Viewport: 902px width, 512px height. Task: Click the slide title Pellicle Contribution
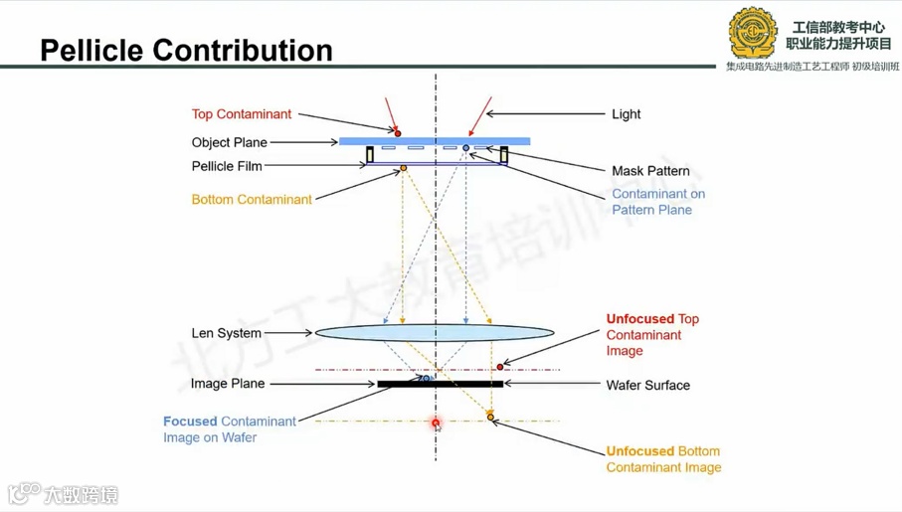pos(186,50)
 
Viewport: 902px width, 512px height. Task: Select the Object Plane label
pos(230,142)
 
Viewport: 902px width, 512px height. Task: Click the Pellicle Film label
pos(227,166)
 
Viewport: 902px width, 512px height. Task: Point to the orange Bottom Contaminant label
pos(252,199)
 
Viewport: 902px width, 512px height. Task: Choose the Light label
pos(626,114)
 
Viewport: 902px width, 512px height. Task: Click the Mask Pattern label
pos(650,171)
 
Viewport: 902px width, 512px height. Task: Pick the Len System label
pos(226,333)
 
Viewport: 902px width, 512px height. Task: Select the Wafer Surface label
pos(647,385)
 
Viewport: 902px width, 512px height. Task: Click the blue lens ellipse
pos(435,334)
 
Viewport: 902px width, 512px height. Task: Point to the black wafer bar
pos(441,384)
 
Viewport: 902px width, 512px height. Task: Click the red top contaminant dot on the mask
pos(398,132)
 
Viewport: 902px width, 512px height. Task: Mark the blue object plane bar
pos(435,141)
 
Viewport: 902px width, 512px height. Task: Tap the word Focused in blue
pos(190,422)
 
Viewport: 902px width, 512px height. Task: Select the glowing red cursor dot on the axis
pos(436,423)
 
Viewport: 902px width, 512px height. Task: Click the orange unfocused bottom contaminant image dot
pos(490,414)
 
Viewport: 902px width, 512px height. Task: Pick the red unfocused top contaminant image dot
pos(500,367)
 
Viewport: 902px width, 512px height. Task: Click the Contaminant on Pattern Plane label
pos(658,202)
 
